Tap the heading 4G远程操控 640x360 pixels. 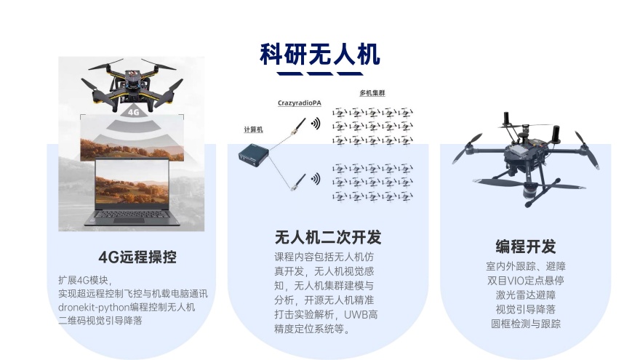137,257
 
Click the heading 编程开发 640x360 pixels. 526,246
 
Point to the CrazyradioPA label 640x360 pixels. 299,103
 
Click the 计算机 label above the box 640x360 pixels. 253,129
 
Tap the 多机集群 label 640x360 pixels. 373,94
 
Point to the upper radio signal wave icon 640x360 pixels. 316,124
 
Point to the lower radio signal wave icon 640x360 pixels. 316,178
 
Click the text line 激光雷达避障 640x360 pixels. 526,295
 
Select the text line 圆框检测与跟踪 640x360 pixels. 526,324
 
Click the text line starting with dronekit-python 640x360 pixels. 127,307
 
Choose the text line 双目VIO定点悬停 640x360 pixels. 526,280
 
